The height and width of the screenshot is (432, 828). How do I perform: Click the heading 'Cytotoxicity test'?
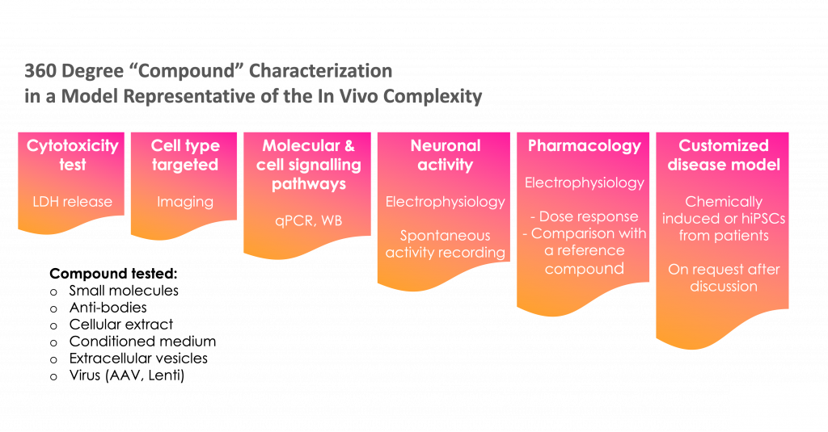[72, 155]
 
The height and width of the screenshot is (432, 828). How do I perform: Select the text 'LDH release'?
[72, 202]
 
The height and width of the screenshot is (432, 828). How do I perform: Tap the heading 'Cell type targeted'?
[184, 155]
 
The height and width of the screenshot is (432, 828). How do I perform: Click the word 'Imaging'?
[184, 202]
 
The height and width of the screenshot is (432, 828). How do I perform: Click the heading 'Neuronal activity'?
[445, 155]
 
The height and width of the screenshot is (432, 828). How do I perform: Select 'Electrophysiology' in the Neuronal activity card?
[445, 202]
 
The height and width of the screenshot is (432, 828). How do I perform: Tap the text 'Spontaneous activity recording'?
[445, 244]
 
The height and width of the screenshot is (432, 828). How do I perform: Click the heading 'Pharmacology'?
[584, 146]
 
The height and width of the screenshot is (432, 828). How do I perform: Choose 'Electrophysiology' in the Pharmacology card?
[584, 182]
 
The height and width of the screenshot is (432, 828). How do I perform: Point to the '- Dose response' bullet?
[584, 216]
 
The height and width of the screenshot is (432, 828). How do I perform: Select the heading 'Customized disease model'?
[724, 155]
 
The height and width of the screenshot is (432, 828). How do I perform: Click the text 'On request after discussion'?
[724, 278]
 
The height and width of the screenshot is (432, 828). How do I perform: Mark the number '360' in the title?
[40, 71]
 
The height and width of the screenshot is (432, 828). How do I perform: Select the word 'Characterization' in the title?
[320, 71]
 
